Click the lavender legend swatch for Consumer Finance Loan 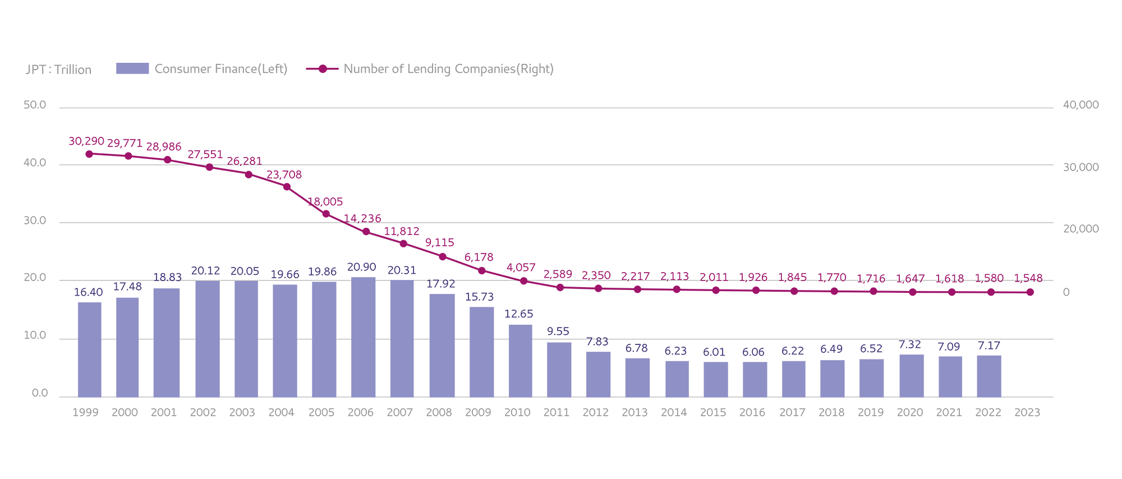coord(128,76)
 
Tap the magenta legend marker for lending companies coord(319,76)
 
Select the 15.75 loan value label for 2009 coord(479,298)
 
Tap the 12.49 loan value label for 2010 coord(517,315)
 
